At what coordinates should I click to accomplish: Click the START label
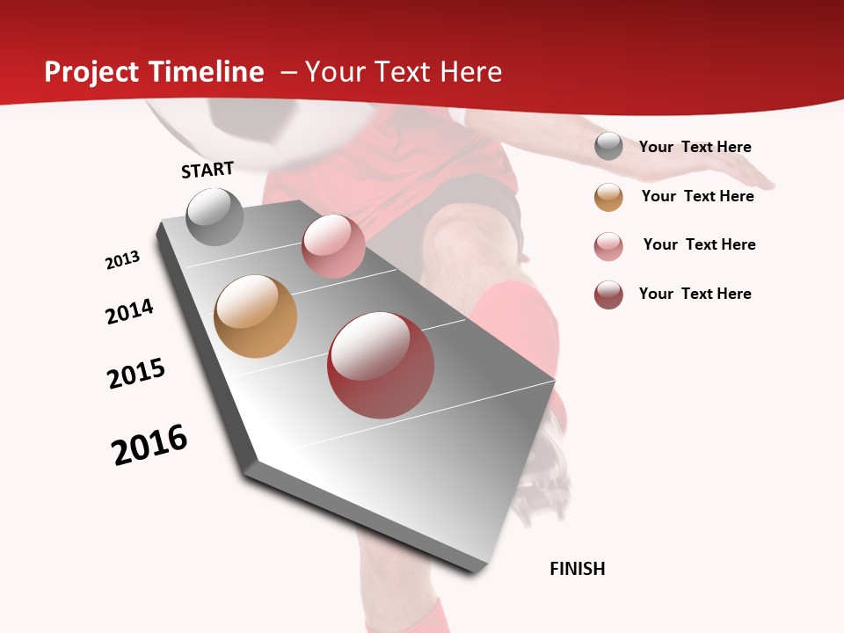coord(207,170)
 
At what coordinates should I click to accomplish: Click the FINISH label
coord(578,569)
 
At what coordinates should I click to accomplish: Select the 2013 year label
coord(122,260)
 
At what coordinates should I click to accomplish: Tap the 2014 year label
coord(129,311)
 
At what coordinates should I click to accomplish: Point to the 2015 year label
coord(136,374)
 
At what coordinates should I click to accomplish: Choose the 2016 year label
coord(149,445)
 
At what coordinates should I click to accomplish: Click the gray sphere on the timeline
coord(215,216)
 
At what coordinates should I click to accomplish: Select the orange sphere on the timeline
coord(255,316)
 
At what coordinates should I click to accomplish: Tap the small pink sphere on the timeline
coord(333,246)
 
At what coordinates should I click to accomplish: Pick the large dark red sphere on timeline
coord(381,365)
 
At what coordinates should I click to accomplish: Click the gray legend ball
coord(608,147)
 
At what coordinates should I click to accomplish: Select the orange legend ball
coord(608,197)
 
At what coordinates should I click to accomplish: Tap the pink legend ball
coord(608,246)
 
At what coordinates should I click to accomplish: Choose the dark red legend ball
coord(608,295)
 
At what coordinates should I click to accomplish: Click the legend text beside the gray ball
coord(695,147)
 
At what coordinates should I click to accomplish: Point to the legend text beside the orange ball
coord(697,196)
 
